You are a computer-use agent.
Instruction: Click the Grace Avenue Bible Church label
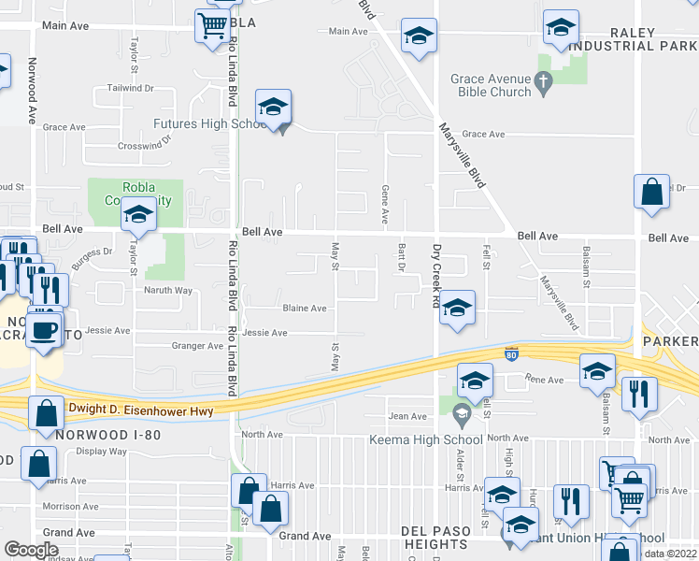point(491,87)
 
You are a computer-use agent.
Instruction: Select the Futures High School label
point(211,123)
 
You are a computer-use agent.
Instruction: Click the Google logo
point(31,550)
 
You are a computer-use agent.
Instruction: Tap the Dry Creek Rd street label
point(435,276)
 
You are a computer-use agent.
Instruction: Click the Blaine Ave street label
point(305,308)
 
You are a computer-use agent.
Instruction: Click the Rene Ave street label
point(545,380)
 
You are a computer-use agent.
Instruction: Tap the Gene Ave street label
point(385,204)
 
